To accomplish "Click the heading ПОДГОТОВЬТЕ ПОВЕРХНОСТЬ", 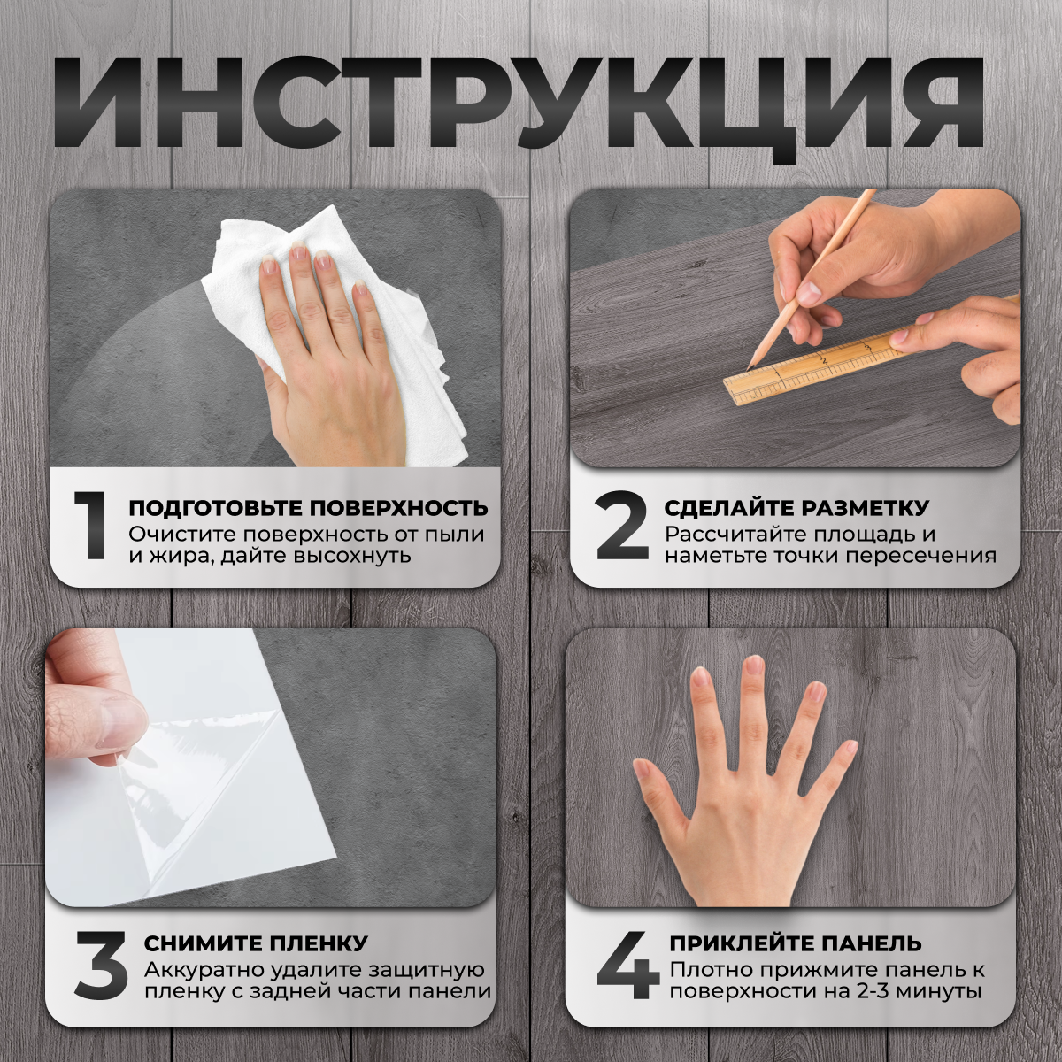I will [x=308, y=508].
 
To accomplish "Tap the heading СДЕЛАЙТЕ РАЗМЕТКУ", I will [x=796, y=508].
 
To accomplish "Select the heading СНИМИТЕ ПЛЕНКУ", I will [x=256, y=943].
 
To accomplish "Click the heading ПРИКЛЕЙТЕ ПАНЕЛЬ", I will [x=796, y=943].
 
